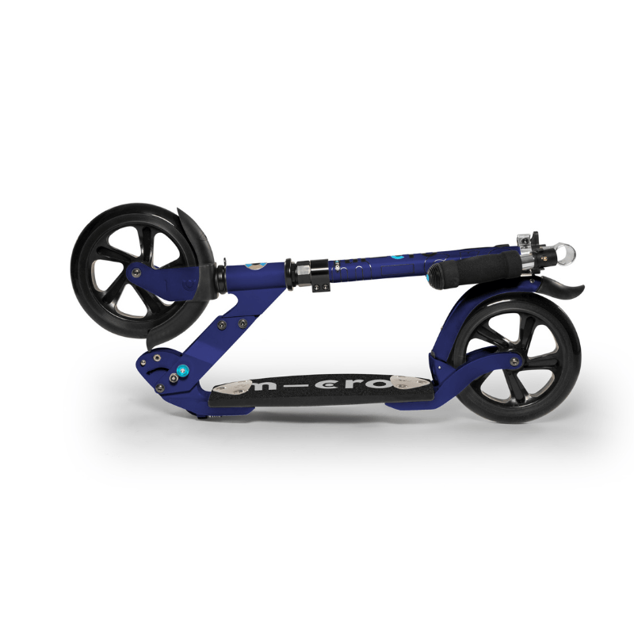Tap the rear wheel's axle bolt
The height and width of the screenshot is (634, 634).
pos(516,361)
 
